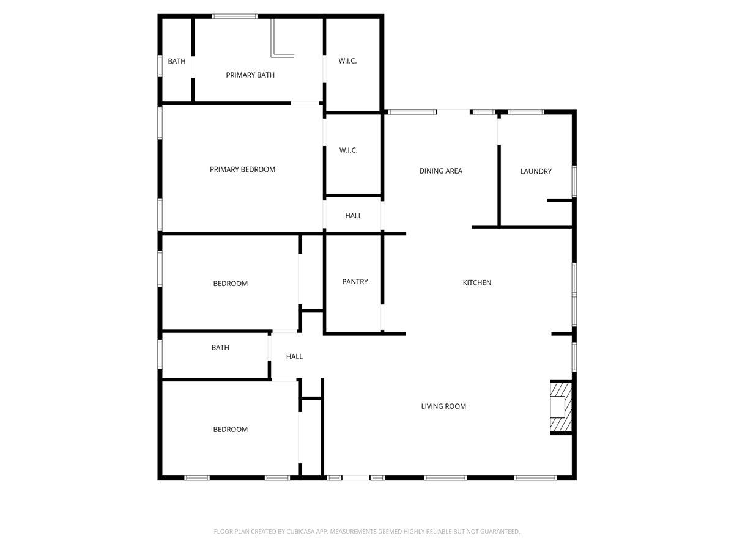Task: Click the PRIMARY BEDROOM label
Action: tap(242, 169)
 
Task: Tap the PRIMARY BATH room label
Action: tap(250, 75)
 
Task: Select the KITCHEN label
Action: tap(476, 282)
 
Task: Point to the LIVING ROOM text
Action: tap(443, 406)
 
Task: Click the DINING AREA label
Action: tap(440, 170)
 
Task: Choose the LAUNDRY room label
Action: tap(536, 171)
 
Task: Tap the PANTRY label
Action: tap(355, 282)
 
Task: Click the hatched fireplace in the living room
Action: tap(560, 407)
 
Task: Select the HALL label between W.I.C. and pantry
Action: tap(353, 216)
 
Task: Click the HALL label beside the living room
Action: tap(294, 356)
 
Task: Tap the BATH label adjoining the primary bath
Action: tap(177, 61)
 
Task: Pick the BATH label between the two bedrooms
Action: tap(220, 347)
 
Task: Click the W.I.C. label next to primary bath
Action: tap(347, 61)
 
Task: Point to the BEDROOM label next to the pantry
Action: tap(230, 283)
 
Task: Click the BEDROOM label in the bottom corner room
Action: tap(230, 429)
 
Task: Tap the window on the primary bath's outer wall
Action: tap(235, 16)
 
